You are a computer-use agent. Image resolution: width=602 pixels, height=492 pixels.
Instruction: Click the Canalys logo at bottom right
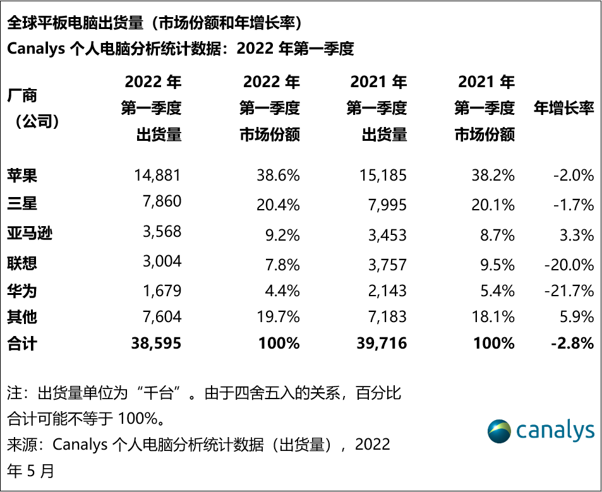click(541, 431)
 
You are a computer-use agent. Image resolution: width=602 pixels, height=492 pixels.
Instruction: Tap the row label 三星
click(22, 205)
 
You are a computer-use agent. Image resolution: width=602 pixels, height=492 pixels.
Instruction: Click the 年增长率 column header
click(563, 108)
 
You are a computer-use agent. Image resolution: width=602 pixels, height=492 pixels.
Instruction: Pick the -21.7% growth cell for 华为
click(569, 291)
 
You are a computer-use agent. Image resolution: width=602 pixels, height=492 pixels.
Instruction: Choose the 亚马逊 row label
click(30, 233)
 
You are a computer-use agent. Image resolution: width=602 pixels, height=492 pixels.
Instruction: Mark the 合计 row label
click(22, 343)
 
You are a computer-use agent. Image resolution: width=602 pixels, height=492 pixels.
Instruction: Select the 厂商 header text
click(22, 95)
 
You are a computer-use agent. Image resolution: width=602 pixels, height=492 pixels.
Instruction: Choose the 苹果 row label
click(22, 176)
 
